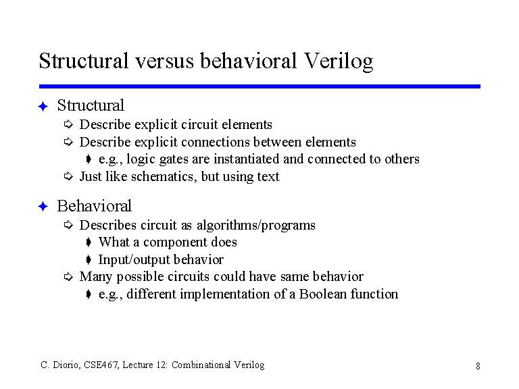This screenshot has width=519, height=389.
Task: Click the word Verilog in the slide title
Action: pyautogui.click(x=339, y=61)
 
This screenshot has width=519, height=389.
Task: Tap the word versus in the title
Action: pyautogui.click(x=164, y=61)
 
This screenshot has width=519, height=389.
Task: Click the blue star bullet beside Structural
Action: pyautogui.click(x=43, y=107)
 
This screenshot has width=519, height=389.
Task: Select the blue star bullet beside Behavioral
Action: pyautogui.click(x=43, y=207)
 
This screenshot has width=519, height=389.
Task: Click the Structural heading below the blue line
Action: pyautogui.click(x=91, y=105)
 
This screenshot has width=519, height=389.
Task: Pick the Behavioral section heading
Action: pyautogui.click(x=95, y=206)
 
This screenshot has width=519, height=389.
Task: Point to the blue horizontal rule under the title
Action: pyautogui.click(x=259, y=86)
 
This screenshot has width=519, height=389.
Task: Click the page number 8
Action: pyautogui.click(x=478, y=366)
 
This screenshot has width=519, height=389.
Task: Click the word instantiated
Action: pyautogui.click(x=247, y=159)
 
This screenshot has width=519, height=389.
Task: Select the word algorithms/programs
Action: pyautogui.click(x=256, y=226)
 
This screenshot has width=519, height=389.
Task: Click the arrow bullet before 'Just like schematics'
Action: pyautogui.click(x=68, y=176)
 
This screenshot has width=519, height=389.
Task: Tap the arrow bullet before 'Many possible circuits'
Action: pyautogui.click(x=68, y=276)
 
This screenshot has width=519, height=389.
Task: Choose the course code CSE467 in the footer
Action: pyautogui.click(x=101, y=365)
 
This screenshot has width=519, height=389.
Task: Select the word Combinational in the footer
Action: pyautogui.click(x=201, y=365)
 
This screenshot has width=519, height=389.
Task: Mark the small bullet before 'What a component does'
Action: pyautogui.click(x=89, y=242)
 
